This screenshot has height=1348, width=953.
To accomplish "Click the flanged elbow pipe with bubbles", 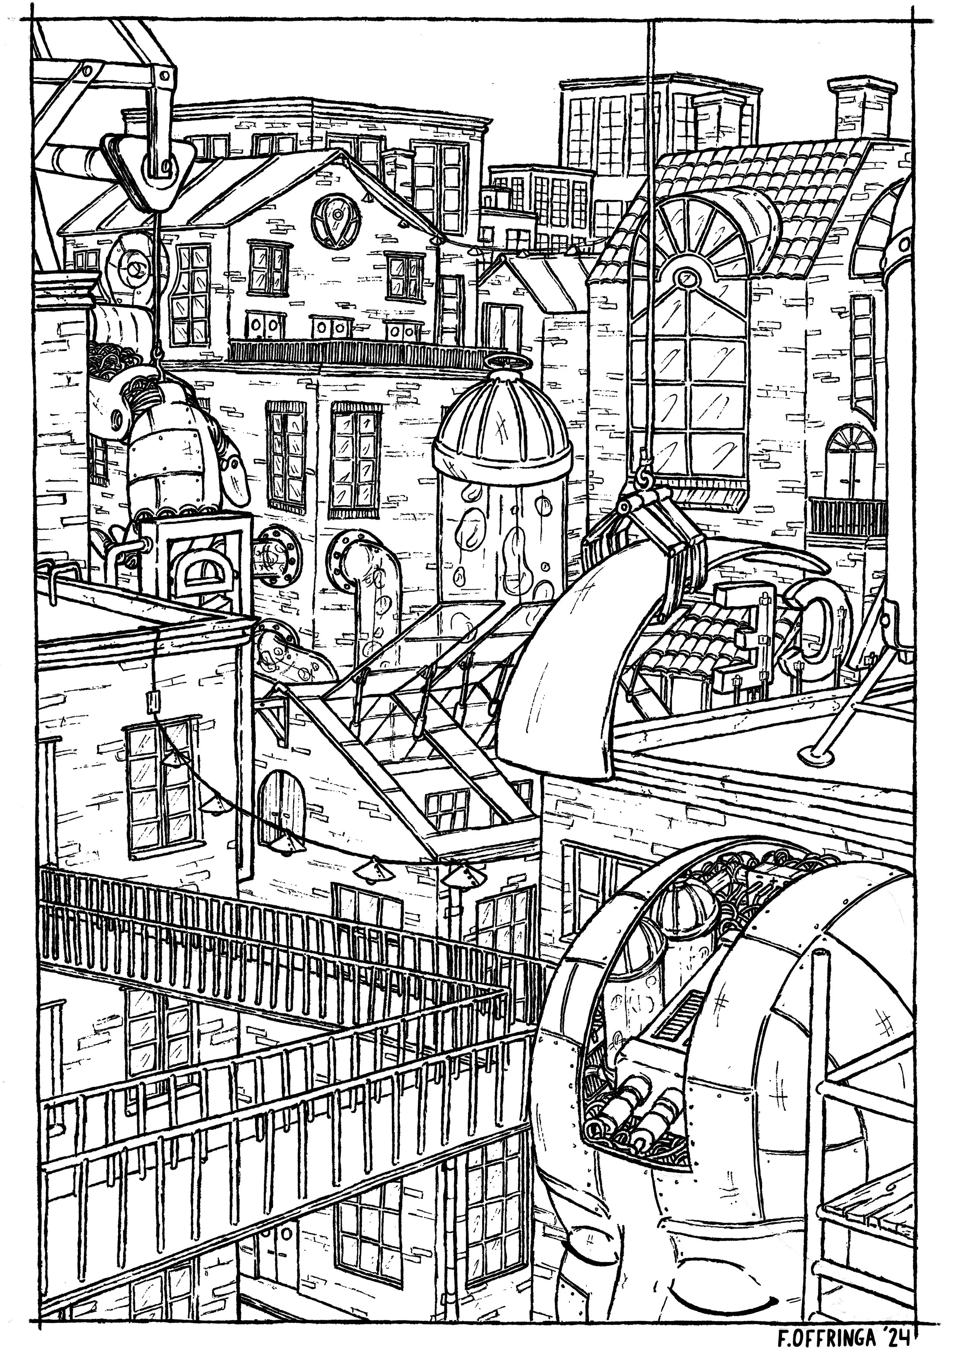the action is coord(364,563).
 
